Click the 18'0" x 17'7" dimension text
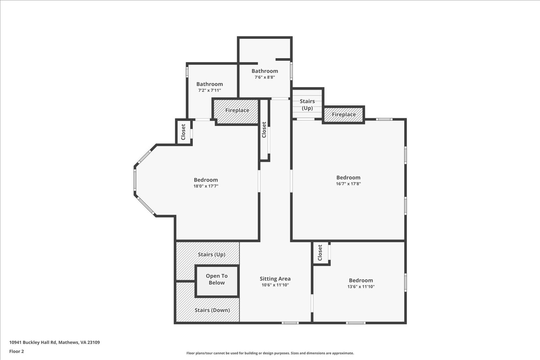point(206,186)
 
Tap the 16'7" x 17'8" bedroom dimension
point(348,184)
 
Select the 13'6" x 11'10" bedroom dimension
point(361,286)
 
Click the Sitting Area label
point(275,279)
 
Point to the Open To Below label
point(217,279)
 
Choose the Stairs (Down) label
point(212,310)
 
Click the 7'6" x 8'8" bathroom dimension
point(265,77)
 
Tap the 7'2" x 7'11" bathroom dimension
point(209,90)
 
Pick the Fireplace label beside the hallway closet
point(237,110)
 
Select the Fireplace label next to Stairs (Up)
point(344,114)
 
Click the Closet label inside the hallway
point(264,130)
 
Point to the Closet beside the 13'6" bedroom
point(320,253)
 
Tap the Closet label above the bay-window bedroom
point(183,132)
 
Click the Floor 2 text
point(16,351)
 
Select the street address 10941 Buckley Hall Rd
point(33,343)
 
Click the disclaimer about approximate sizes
point(270,353)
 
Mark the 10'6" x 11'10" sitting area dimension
point(275,285)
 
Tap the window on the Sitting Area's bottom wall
point(290,323)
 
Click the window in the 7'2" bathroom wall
point(187,72)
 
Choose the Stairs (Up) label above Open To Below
point(212,254)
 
